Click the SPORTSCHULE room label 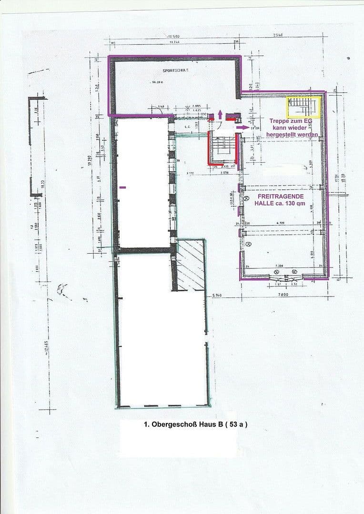point(176,70)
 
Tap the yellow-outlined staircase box point(303,107)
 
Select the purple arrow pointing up point(220,115)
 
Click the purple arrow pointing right point(243,128)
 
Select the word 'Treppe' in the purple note point(279,121)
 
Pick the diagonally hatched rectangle point(191,265)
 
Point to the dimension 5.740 point(218,296)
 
